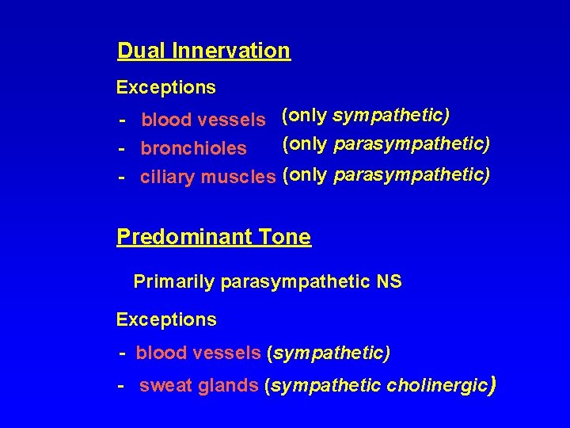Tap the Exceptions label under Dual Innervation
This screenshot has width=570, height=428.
pos(165,86)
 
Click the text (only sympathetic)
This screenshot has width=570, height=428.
pos(366,116)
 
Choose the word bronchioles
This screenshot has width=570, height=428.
pos(193,149)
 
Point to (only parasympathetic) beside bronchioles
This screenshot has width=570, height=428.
pos(386,144)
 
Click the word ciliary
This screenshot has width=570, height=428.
pos(167,177)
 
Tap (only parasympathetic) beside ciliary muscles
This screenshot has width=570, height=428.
pos(386,174)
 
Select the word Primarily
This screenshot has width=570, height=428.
pos(174,281)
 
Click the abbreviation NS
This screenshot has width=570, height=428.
pos(390,281)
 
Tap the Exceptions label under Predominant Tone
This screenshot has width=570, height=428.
pos(165,320)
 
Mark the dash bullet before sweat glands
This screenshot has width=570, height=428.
pos(121,386)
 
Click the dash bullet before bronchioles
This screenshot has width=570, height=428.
pos(123,149)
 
